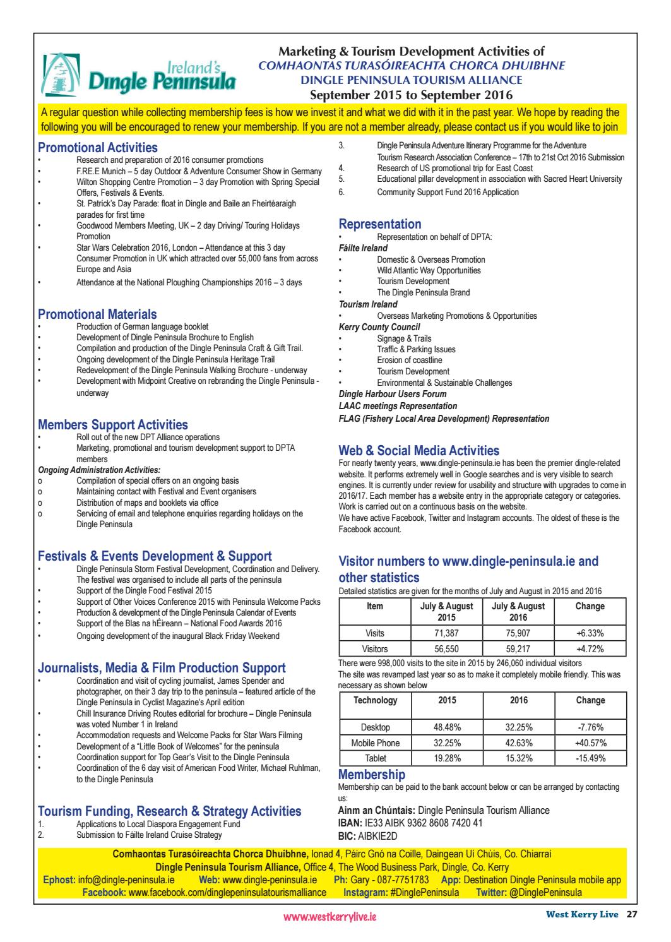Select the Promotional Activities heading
pyautogui.click(x=98, y=148)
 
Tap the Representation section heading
pyautogui.click(x=380, y=224)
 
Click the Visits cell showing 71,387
pyautogui.click(x=446, y=633)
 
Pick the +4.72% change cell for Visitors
pyautogui.click(x=590, y=648)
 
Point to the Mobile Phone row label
pyautogui.click(x=375, y=743)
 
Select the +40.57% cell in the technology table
pyautogui.click(x=590, y=743)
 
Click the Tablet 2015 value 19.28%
pyautogui.click(x=446, y=758)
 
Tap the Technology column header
pyautogui.click(x=375, y=700)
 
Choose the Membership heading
pyautogui.click(x=372, y=775)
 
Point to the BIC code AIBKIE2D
pyautogui.click(x=382, y=835)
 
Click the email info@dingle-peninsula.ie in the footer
pyautogui.click(x=130, y=879)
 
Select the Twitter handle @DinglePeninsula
pyautogui.click(x=545, y=892)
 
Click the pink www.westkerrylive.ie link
pyautogui.click(x=331, y=917)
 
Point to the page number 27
pyautogui.click(x=631, y=914)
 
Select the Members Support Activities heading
pyautogui.click(x=113, y=425)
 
